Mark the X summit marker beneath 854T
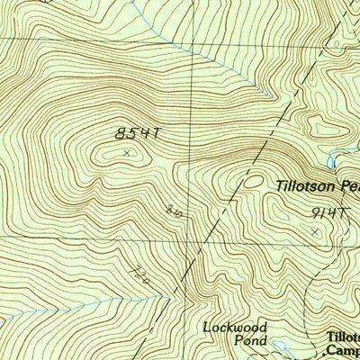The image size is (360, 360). tap(126, 153)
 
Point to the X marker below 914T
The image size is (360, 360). tap(314, 232)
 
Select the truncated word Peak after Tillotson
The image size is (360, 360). tap(346, 188)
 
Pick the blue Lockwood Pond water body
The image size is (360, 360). tap(280, 345)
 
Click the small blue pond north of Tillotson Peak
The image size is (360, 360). tap(331, 161)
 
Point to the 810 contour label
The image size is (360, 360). tap(174, 211)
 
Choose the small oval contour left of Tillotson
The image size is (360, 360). tap(255, 181)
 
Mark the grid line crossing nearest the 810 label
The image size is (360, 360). tap(189, 240)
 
